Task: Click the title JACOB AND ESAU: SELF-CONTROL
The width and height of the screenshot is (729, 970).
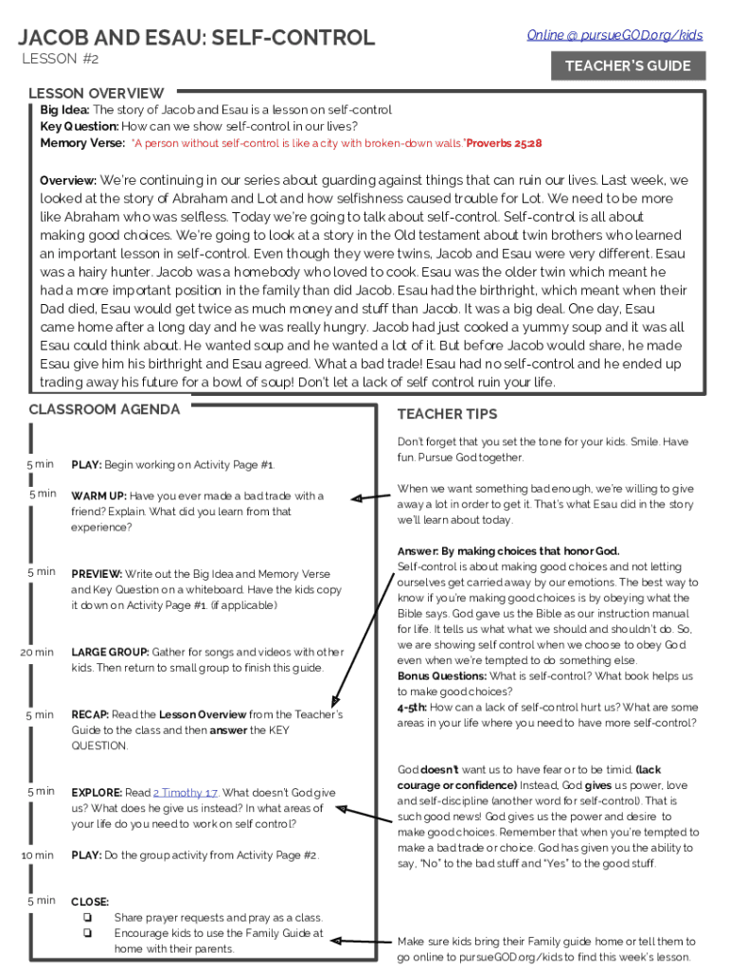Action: (197, 38)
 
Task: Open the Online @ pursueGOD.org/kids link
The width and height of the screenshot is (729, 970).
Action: (614, 35)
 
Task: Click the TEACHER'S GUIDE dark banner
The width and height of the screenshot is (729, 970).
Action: (628, 66)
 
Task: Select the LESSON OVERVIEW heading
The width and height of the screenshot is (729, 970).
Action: (96, 93)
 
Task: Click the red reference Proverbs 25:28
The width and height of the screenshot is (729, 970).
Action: (505, 143)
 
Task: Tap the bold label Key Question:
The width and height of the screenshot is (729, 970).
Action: (80, 126)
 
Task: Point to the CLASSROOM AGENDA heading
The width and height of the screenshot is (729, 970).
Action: (104, 409)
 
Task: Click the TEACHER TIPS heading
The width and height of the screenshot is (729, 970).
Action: (447, 414)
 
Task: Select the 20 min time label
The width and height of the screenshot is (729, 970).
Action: (37, 652)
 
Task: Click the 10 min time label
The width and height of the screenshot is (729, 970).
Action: (37, 855)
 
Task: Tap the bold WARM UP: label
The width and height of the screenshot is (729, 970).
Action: (99, 496)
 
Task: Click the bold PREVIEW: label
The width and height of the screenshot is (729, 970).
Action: (97, 574)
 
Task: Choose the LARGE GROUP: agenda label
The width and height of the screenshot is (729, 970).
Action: (110, 652)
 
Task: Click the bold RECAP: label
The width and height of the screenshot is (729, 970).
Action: (91, 714)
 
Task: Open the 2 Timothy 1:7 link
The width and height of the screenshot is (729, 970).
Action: (186, 793)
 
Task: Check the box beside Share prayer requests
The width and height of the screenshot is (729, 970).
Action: (87, 917)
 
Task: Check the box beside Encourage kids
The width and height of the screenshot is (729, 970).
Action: (87, 933)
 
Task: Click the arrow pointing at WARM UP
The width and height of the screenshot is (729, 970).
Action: (369, 495)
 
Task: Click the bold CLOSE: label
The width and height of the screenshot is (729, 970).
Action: (90, 902)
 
